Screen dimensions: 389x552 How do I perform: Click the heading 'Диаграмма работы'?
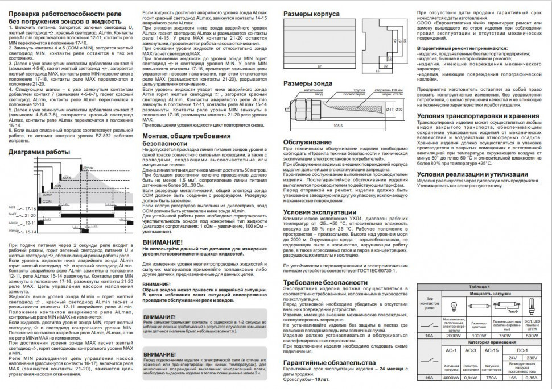point(40,152)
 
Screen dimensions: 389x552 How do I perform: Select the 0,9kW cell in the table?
point(469,377)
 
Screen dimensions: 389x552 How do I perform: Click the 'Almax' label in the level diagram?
point(88,168)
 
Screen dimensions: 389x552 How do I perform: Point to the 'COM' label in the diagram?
point(47,201)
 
